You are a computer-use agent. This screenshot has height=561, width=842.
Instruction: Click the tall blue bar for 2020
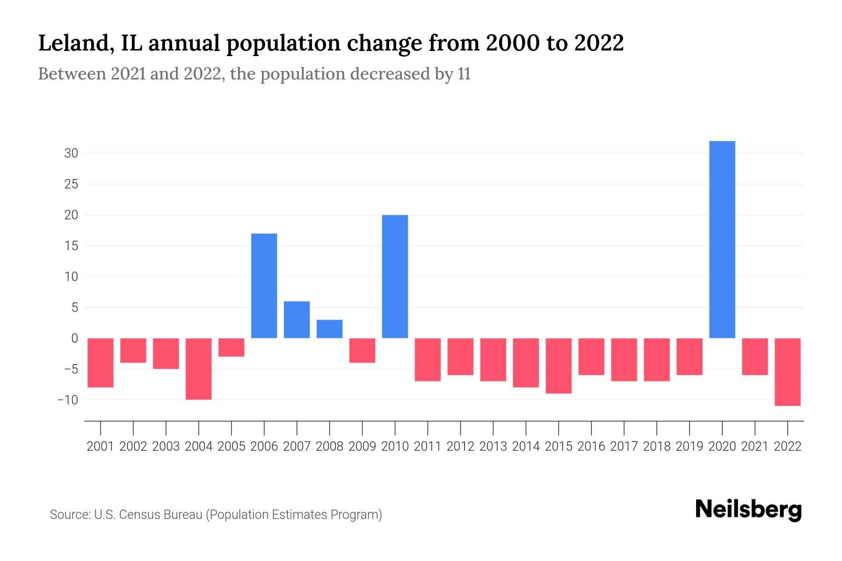[x=722, y=239]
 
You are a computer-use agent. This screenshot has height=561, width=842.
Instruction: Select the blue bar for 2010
[x=395, y=276]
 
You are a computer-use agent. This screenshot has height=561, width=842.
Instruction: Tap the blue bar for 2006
[x=264, y=286]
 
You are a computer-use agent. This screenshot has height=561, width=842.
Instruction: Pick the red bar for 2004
[x=198, y=369]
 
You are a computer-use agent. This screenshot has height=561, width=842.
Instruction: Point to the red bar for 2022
[x=788, y=372]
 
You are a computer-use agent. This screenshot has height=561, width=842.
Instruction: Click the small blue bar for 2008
[x=329, y=329]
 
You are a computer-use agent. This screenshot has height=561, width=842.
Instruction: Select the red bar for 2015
[x=559, y=366]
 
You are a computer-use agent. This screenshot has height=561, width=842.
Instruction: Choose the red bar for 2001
[x=101, y=362]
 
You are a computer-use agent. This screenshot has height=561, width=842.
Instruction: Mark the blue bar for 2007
[x=297, y=320]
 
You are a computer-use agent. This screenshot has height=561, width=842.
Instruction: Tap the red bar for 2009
[x=362, y=350]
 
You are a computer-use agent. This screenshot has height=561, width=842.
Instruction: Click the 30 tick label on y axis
[x=71, y=153]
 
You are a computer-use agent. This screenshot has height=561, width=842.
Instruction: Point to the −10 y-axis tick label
[x=67, y=400]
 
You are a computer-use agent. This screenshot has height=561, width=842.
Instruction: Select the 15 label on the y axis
[x=71, y=246]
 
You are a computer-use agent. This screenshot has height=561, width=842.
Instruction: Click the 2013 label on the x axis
[x=493, y=446]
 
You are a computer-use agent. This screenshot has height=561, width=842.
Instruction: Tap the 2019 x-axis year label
[x=689, y=446]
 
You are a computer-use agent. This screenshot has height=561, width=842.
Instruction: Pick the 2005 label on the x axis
[x=231, y=446]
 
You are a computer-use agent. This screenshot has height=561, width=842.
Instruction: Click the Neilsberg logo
[x=748, y=510]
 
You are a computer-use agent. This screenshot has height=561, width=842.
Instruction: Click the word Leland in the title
[x=73, y=43]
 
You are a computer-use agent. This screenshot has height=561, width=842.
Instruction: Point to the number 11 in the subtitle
[x=464, y=74]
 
